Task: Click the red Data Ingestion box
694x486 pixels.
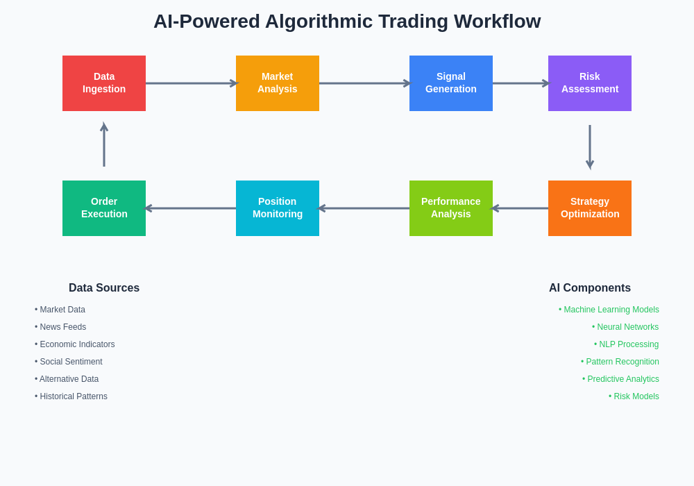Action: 104,83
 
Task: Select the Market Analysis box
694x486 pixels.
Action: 278,83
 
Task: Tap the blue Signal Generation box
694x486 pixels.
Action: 451,83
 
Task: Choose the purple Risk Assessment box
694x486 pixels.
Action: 590,83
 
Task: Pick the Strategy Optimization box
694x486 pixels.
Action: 590,208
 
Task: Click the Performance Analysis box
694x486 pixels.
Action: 451,208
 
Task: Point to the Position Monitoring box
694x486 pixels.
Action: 278,208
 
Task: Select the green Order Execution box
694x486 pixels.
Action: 104,208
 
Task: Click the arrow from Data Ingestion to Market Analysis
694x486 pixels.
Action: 191,83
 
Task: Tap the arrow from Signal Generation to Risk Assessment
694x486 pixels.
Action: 520,83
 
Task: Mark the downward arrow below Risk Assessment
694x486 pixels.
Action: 590,146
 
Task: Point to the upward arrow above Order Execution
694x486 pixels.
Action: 104,146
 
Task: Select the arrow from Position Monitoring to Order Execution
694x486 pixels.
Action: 191,208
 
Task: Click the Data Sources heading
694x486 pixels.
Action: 104,288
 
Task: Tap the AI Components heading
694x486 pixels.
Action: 590,288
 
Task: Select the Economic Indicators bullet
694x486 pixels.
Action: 77,344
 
